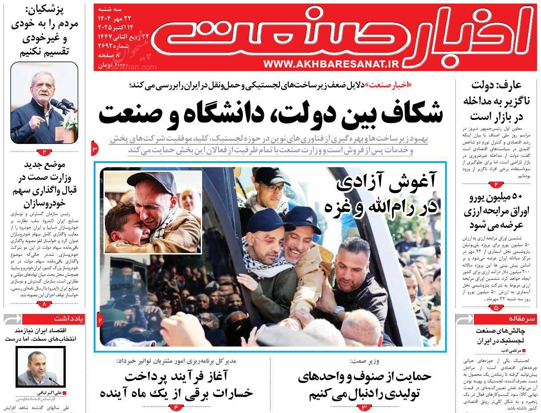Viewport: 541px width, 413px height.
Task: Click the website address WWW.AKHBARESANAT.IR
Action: coord(331,64)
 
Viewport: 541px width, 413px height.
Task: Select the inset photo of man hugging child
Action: coord(153,212)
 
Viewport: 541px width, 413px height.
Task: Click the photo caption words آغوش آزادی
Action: coord(386,183)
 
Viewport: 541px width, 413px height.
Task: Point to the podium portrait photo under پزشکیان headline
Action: coord(44,103)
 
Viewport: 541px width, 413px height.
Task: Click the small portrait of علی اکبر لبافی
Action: coord(41,367)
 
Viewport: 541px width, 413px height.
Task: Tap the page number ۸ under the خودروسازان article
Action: coord(44,304)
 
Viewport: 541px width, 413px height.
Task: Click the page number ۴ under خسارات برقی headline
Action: coord(176,406)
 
